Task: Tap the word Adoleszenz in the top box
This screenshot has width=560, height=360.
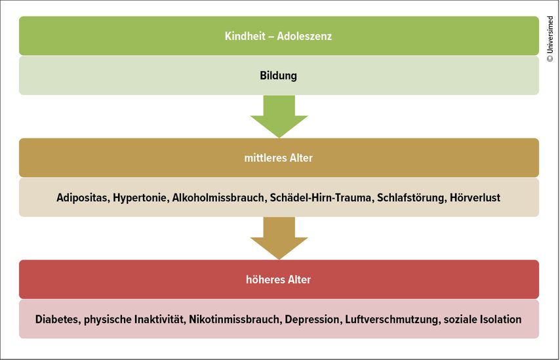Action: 305,36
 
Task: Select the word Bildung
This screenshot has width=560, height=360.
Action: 278,76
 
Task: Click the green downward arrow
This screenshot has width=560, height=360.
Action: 279,117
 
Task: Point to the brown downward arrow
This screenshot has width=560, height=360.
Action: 279,238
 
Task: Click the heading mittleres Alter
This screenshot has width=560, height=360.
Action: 278,158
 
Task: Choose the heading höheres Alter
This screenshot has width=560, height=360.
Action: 278,279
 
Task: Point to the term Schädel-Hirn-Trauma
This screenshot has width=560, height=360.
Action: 321,197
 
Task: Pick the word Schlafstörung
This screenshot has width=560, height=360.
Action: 410,198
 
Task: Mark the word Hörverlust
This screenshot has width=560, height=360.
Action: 475,197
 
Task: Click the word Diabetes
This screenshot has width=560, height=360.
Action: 56,319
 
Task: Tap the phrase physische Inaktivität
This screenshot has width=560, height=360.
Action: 134,319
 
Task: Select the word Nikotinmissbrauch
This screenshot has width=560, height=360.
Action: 235,319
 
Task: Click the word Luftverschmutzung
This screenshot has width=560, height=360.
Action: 391,319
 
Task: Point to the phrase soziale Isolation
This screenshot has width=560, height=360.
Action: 483,319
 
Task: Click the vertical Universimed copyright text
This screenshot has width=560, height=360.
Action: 550,39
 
